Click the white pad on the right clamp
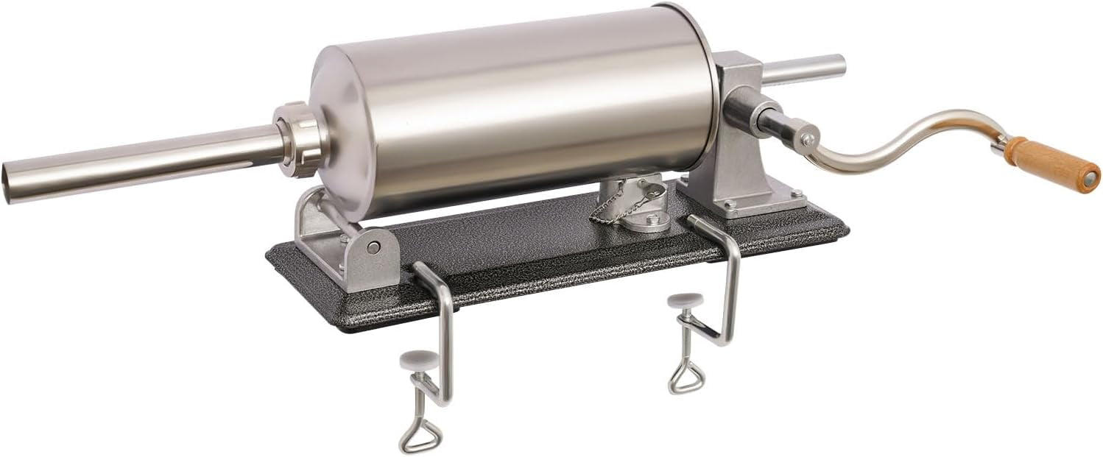tap(684, 300)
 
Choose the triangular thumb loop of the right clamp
tap(686, 377)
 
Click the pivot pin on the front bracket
tap(373, 247)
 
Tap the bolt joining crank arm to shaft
tap(808, 139)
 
